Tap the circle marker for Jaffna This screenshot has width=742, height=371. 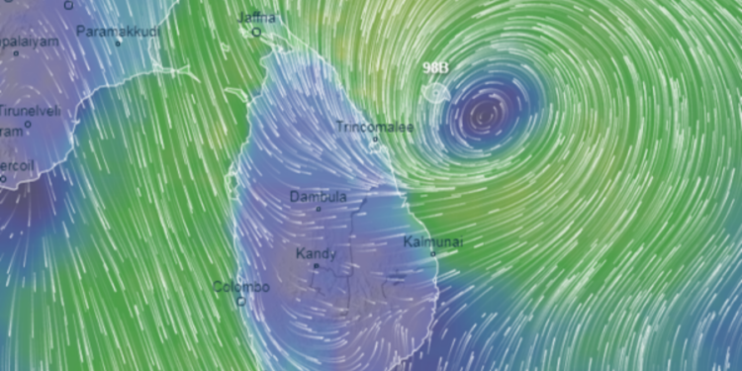point(255,32)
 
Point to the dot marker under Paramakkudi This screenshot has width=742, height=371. point(118,44)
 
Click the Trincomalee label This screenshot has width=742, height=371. point(374,127)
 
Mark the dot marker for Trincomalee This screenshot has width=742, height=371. point(375,139)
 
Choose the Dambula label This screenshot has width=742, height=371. point(318,197)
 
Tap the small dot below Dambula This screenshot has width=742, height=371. point(318,209)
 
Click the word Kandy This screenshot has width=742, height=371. point(317,254)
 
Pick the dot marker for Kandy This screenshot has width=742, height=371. point(317,266)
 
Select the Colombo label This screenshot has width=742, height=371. point(240,287)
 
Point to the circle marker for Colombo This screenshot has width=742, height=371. point(240,301)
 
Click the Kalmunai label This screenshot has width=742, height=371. point(433,241)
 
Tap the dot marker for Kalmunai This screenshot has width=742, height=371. point(432,253)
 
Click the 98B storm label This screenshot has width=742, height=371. point(436,67)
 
